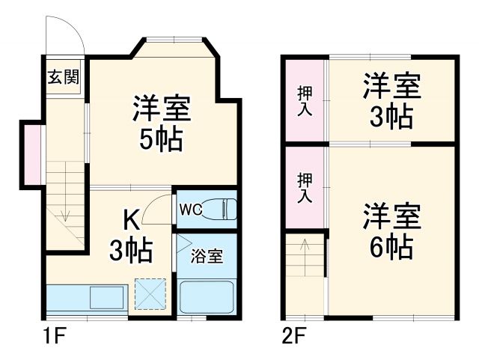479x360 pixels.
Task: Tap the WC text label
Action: point(190,209)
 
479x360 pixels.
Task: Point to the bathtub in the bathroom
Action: point(208,299)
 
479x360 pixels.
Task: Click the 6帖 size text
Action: point(391,246)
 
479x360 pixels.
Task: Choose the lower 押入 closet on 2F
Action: point(305,188)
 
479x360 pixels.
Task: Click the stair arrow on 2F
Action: point(305,247)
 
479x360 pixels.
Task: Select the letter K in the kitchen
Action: point(129,220)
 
